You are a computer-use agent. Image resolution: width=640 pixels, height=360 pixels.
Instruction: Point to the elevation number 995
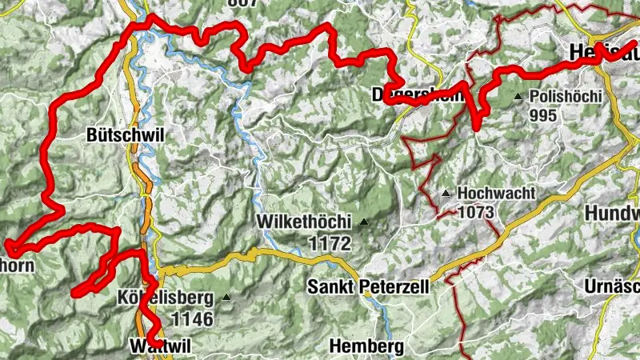(x=542, y=114)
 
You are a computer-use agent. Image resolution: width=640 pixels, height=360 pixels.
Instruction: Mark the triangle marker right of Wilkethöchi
(x=364, y=222)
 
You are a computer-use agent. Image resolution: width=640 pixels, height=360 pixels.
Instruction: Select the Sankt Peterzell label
(x=369, y=286)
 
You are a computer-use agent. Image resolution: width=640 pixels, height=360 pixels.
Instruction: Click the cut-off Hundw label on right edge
(x=612, y=214)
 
